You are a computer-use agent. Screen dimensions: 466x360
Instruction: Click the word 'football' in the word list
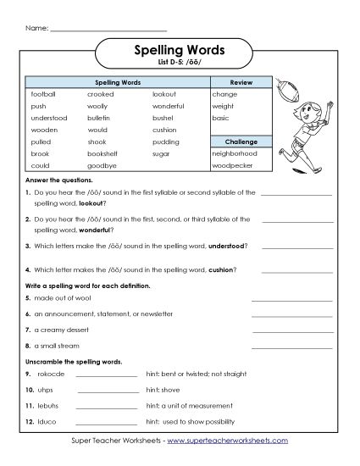(42, 94)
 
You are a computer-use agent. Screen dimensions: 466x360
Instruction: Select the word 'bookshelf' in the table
(102, 154)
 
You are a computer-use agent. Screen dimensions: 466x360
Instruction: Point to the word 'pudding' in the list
(166, 142)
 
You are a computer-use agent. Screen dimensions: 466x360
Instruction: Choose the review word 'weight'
(223, 107)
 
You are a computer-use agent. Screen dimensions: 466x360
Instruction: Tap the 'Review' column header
(241, 82)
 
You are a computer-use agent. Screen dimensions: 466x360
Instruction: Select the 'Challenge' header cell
(241, 141)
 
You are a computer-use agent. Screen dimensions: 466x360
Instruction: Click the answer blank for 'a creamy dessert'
(296, 330)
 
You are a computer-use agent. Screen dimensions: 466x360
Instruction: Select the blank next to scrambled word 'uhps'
(108, 391)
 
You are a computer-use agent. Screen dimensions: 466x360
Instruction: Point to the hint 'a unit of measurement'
(186, 405)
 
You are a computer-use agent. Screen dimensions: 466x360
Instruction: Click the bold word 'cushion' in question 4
(220, 270)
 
